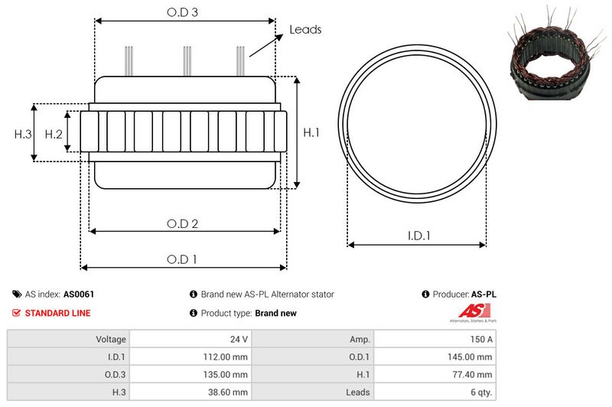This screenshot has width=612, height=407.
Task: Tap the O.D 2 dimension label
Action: tap(183, 223)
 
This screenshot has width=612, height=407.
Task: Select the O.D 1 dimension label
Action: tap(183, 259)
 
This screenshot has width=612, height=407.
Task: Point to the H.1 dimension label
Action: tap(311, 133)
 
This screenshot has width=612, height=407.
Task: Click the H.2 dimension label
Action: tap(53, 134)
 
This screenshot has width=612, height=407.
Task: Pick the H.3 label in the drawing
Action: tap(23, 134)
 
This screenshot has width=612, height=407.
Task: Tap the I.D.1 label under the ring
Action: tap(418, 236)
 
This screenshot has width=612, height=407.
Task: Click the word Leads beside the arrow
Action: tap(305, 30)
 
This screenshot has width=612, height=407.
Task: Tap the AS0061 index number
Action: tap(79, 294)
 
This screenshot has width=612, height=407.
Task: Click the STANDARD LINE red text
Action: tap(57, 313)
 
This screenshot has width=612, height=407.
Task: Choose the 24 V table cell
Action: tap(239, 339)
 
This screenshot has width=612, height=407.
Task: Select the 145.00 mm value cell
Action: tap(469, 357)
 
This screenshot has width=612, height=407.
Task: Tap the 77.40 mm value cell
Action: tap(471, 374)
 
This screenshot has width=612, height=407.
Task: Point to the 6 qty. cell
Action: tap(477, 392)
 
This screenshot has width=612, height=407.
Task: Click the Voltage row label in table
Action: tap(111, 339)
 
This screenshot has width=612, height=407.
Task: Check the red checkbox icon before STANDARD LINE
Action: tap(16, 313)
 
